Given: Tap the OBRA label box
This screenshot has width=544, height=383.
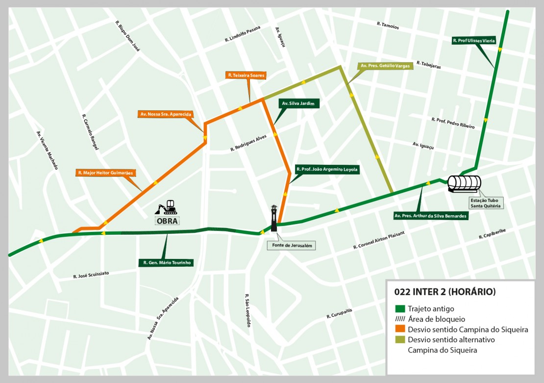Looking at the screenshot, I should click(168, 221).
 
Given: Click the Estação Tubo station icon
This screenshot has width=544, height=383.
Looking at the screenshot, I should click(464, 183).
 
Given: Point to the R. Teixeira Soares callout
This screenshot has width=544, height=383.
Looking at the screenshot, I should click(246, 76).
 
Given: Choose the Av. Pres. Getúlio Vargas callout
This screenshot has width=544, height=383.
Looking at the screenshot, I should click(385, 66).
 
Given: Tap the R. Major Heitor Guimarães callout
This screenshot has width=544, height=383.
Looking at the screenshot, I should click(105, 173).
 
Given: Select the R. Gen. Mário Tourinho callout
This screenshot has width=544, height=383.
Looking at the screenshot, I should click(166, 263).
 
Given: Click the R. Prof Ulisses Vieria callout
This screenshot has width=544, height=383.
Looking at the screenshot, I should click(474, 41).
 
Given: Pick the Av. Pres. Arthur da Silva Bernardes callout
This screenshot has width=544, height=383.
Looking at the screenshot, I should click(430, 215).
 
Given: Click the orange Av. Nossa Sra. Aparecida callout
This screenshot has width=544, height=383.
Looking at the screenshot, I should click(165, 114).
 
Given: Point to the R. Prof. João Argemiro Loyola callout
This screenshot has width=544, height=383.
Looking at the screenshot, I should click(327, 170).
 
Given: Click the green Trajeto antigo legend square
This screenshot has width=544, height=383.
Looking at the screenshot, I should click(399, 309).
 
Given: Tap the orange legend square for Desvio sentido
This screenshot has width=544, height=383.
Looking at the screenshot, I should click(399, 330).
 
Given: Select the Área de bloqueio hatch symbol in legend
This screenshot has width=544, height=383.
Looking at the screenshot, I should click(399, 319).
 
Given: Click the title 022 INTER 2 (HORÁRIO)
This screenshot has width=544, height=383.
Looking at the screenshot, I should click(445, 292).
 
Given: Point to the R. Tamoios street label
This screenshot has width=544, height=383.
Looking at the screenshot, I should click(388, 26).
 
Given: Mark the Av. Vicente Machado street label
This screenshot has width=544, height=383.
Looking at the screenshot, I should click(47, 150).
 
